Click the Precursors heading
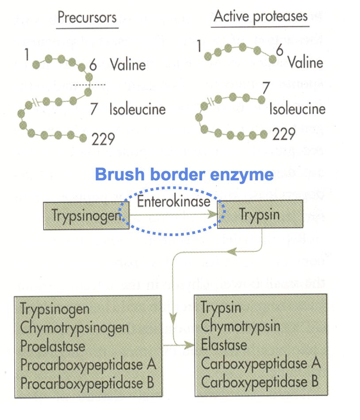87,18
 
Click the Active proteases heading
260,16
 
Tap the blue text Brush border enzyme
184,175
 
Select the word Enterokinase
173,201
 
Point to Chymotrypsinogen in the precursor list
75,328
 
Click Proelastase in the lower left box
53,346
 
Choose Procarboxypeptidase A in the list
88,365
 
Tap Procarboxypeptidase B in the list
87,383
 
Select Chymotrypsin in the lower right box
240,326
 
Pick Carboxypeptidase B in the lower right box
260,381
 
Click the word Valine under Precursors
128,65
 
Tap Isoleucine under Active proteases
297,109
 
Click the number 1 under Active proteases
199,46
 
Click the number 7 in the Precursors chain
94,109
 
